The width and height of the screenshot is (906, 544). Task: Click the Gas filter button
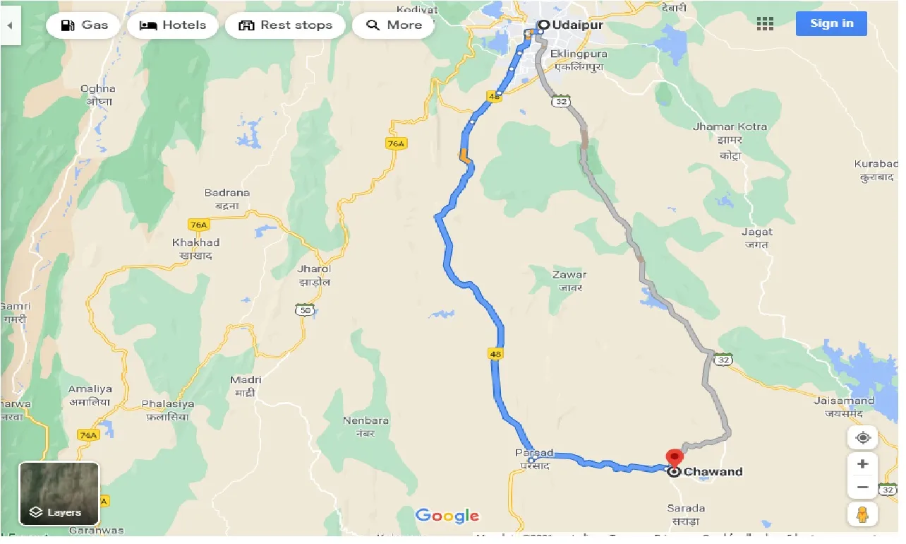(84, 25)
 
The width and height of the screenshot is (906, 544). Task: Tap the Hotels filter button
(172, 25)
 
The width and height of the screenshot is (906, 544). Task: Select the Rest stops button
(285, 25)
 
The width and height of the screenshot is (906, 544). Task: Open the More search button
(394, 25)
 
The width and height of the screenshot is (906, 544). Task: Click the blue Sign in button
(831, 23)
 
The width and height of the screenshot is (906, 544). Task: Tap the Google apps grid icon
(765, 24)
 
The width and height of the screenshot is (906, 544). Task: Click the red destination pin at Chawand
(674, 458)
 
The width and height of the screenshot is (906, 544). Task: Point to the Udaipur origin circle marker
(543, 25)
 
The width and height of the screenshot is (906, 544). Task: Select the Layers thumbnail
(59, 493)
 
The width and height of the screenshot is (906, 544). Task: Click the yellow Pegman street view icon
(862, 514)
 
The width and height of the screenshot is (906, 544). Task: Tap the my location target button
(862, 438)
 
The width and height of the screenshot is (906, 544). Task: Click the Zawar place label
(569, 275)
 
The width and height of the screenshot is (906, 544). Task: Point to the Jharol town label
(314, 269)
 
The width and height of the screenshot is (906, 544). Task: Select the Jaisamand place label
(843, 401)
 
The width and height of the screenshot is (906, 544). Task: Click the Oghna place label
(98, 89)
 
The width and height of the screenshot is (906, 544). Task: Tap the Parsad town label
(534, 453)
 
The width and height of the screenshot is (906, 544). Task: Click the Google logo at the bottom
(447, 516)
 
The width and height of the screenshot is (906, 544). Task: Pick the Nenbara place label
(366, 421)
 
